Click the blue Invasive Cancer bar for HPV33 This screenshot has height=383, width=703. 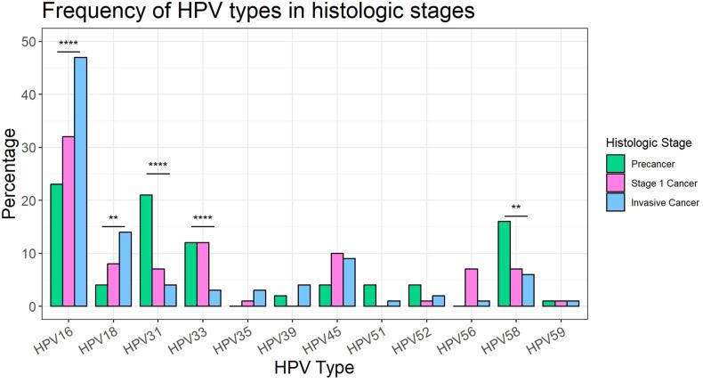tap(214, 297)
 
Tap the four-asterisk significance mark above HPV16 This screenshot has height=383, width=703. tap(69, 45)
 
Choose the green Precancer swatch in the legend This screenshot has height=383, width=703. tap(614, 163)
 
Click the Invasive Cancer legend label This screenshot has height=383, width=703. tap(663, 202)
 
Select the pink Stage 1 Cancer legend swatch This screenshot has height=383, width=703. tap(614, 183)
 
